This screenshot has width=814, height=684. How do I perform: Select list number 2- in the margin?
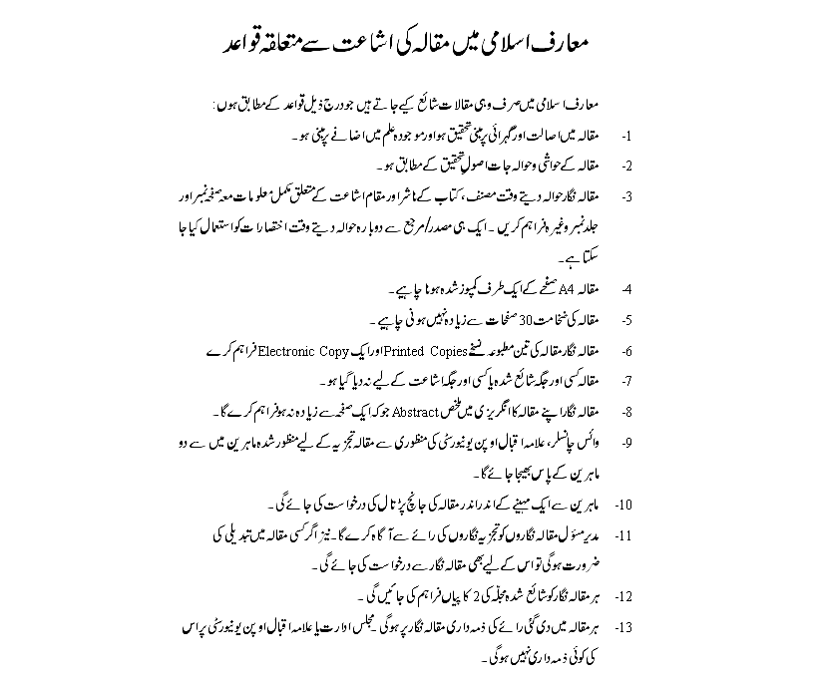tap(628, 165)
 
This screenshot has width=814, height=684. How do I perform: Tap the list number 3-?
tap(628, 196)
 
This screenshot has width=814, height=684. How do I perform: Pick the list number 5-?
tap(628, 320)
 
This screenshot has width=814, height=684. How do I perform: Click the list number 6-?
tap(628, 352)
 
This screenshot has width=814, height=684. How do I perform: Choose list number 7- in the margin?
tap(628, 382)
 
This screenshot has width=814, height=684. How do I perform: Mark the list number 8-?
tap(628, 412)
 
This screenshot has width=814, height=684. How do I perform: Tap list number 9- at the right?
tap(628, 442)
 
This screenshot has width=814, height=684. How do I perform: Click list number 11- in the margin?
tap(625, 535)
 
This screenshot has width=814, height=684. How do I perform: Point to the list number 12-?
tap(625, 597)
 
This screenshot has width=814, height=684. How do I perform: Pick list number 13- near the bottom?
tap(625, 628)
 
